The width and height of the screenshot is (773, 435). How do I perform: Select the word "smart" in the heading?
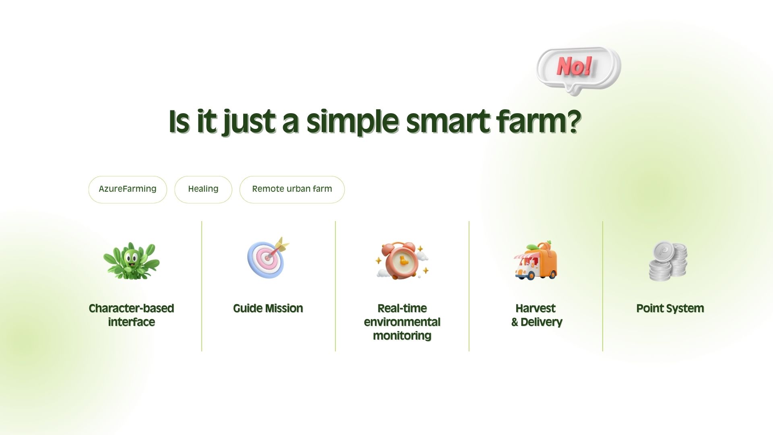(448, 122)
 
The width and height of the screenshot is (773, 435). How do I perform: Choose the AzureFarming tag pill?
(128, 189)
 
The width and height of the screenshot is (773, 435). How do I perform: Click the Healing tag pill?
(203, 189)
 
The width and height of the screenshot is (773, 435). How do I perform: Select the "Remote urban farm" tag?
(292, 189)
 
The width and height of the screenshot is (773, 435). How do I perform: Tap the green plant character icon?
(131, 261)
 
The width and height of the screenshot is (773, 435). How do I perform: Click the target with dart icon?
(268, 258)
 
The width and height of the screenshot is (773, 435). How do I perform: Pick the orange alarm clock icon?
(402, 261)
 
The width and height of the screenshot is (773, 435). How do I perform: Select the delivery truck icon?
(536, 261)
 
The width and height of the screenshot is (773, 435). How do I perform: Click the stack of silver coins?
(668, 261)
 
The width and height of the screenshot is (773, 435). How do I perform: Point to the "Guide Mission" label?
(268, 309)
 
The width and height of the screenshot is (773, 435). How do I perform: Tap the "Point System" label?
(670, 309)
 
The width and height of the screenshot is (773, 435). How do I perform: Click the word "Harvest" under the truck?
(535, 309)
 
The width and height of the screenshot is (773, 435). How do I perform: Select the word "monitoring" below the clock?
(402, 336)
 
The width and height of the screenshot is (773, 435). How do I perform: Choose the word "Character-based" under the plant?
(131, 309)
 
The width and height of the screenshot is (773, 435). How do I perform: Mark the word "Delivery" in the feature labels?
(542, 322)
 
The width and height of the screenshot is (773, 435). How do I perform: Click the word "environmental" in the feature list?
(402, 322)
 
